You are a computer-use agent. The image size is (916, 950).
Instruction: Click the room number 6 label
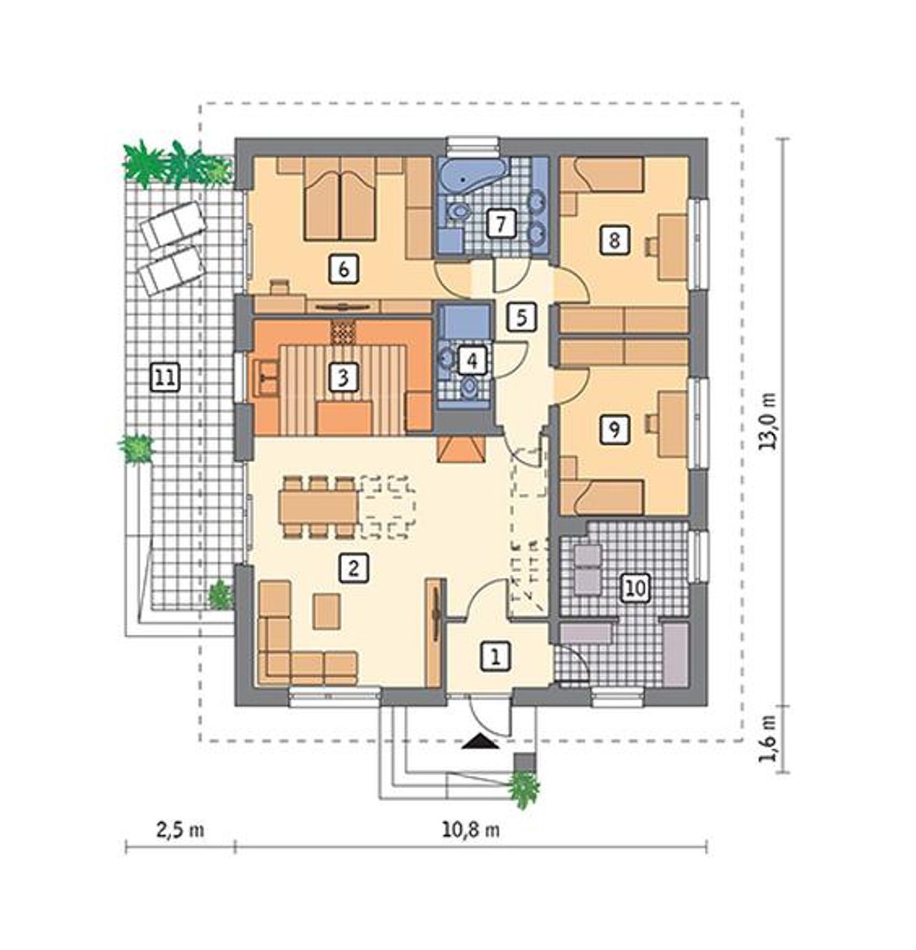(343, 270)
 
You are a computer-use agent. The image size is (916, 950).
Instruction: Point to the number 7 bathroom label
(500, 224)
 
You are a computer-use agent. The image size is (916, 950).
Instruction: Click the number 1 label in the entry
(496, 655)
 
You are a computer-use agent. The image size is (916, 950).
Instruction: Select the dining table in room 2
(318, 508)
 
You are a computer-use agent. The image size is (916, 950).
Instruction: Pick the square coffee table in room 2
(326, 611)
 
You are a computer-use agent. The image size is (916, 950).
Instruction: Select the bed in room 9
(601, 497)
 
